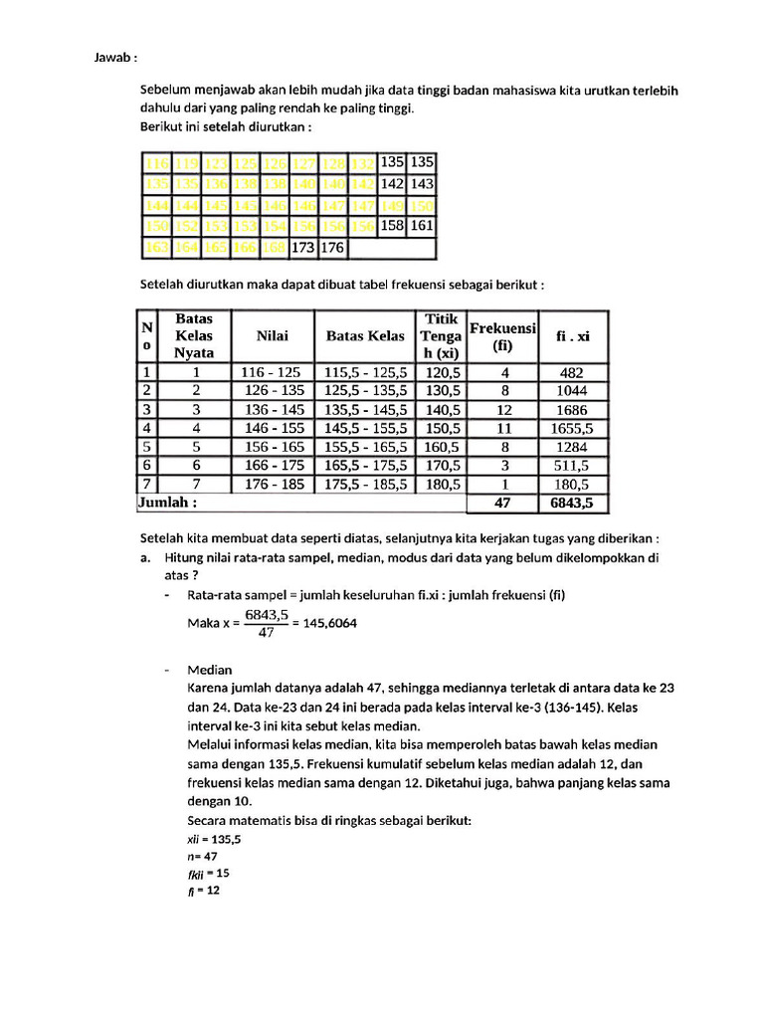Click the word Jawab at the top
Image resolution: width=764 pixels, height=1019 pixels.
click(x=115, y=59)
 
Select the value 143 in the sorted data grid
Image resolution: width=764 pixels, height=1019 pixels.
click(x=422, y=184)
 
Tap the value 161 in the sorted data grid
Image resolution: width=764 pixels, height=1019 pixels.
click(x=422, y=226)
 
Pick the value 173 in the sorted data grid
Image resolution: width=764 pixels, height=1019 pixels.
click(x=303, y=247)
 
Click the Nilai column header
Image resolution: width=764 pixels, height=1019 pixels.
click(x=273, y=336)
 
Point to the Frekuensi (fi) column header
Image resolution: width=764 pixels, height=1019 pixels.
click(x=502, y=336)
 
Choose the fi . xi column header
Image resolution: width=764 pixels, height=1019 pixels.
click(x=573, y=336)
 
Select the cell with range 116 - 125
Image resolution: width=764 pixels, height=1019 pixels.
click(x=273, y=372)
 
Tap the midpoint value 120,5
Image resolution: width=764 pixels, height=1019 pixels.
click(x=443, y=372)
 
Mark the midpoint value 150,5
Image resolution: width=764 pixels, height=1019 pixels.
click(x=443, y=428)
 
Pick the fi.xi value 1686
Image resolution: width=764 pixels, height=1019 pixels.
click(x=573, y=409)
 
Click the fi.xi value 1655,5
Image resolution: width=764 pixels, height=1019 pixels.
click(x=573, y=428)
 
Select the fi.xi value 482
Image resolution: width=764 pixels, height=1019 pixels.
click(x=573, y=372)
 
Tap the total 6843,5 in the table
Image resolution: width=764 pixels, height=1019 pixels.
click(x=573, y=504)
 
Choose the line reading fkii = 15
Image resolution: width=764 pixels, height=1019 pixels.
click(x=208, y=873)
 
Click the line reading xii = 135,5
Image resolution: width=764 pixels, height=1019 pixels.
click(x=214, y=839)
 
